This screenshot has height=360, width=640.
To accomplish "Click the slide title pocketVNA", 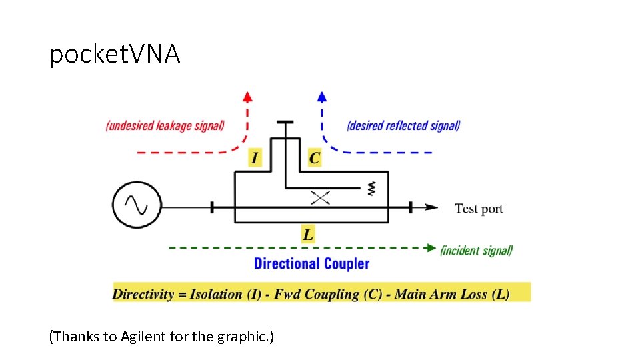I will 115,54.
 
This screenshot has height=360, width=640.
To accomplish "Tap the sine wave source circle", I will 137,206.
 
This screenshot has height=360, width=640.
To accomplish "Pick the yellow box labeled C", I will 314,158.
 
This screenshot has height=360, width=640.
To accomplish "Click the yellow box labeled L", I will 308,234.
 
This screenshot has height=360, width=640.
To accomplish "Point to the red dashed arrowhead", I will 247,95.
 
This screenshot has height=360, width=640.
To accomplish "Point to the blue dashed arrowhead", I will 322,95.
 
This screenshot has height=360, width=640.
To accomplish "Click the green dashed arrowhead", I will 431,248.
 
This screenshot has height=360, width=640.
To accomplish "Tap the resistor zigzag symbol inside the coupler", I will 371,189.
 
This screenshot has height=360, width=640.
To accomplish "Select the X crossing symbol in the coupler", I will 322,197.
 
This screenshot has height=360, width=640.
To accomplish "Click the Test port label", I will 478,209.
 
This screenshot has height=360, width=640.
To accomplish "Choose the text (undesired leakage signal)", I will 165,125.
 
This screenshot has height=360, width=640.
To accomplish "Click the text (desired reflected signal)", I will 403,125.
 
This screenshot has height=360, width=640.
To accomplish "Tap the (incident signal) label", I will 476,251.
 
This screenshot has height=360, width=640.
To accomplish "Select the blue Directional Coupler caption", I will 311,263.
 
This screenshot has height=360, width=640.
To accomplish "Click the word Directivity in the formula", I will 143,293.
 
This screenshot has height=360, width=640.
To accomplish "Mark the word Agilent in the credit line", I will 143,337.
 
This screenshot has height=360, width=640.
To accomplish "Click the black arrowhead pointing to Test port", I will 431,207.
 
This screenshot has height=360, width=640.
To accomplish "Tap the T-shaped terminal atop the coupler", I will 285,123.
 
